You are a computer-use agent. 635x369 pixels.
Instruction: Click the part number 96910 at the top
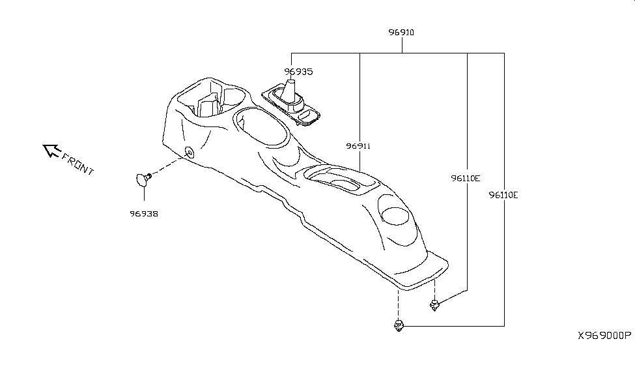401,33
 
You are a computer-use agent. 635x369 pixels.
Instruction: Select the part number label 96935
298,72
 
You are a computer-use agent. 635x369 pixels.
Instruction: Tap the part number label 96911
358,146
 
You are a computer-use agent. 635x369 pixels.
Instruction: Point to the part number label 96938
144,214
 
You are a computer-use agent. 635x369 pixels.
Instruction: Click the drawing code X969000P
604,336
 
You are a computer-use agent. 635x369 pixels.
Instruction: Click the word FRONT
78,164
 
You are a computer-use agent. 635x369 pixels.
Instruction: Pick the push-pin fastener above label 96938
143,179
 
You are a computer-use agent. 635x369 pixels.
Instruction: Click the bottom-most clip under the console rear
399,325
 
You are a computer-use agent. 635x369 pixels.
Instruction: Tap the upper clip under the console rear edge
434,305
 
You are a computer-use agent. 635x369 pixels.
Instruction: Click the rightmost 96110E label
503,196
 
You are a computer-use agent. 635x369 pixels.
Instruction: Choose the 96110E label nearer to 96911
466,179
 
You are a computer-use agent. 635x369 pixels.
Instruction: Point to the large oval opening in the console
262,126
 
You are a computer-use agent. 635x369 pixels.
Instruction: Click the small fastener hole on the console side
190,153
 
